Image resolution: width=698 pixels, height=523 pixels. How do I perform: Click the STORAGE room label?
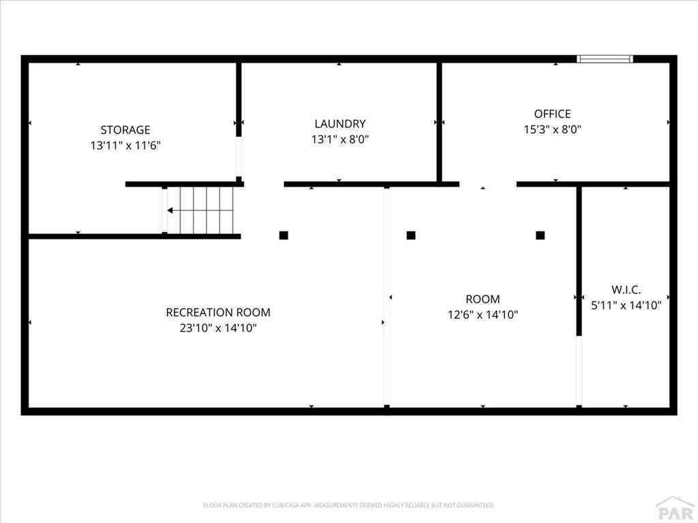pyautogui.click(x=125, y=130)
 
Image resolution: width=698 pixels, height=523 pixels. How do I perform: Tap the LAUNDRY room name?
pyautogui.click(x=340, y=124)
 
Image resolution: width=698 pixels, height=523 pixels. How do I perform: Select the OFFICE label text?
pyautogui.click(x=552, y=114)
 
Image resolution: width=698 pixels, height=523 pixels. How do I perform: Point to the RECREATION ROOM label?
pyautogui.click(x=218, y=312)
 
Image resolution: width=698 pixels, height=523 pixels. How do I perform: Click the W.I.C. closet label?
pyautogui.click(x=626, y=290)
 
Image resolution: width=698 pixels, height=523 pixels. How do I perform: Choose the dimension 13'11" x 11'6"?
pyautogui.click(x=125, y=146)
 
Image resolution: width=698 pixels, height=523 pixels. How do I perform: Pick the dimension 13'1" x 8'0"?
pyautogui.click(x=340, y=139)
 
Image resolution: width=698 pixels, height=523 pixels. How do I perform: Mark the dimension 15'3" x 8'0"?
pyautogui.click(x=552, y=129)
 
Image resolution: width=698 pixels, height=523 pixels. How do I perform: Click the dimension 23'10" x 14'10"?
pyautogui.click(x=218, y=328)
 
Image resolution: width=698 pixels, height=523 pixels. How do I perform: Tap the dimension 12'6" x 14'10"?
pyautogui.click(x=483, y=315)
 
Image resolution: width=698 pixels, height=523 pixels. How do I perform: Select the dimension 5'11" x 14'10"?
pyautogui.click(x=626, y=306)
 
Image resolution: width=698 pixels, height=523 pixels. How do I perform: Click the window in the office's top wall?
pyautogui.click(x=605, y=59)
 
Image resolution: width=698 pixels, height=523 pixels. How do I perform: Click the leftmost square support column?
pyautogui.click(x=284, y=235)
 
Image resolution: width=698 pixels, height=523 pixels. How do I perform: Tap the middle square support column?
pyautogui.click(x=411, y=235)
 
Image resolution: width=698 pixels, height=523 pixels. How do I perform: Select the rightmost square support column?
pyautogui.click(x=540, y=235)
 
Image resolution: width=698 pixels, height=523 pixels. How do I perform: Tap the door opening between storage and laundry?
pyautogui.click(x=239, y=157)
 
